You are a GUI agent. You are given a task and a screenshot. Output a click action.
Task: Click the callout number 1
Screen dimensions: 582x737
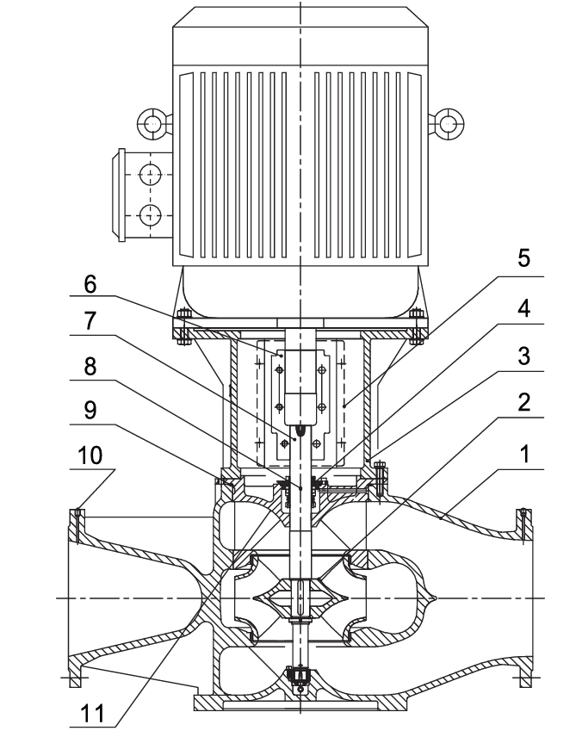point(524,455)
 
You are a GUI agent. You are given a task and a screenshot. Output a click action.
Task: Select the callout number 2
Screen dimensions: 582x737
point(523,402)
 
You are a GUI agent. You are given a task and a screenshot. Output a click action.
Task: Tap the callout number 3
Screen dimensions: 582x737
point(523,356)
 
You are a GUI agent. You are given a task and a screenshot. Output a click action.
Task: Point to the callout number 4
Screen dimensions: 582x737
point(523,309)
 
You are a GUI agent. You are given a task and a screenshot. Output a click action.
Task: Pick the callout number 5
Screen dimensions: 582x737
point(523,258)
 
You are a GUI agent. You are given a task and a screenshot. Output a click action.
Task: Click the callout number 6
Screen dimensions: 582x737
point(90,284)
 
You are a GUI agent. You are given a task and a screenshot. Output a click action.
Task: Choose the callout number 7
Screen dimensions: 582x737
point(90,322)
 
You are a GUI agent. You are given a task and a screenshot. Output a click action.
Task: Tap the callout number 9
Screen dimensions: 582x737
point(90,411)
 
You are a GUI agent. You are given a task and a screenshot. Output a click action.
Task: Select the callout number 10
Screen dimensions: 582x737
point(90,455)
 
